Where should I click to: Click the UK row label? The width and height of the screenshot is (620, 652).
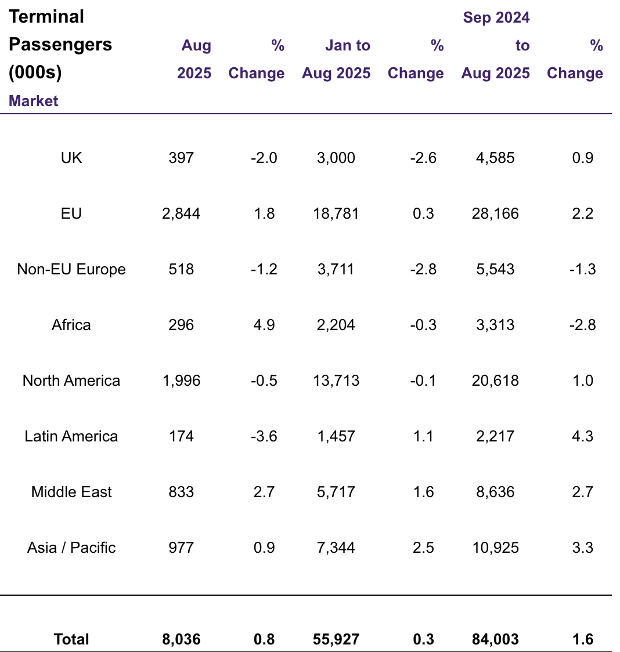pyautogui.click(x=71, y=158)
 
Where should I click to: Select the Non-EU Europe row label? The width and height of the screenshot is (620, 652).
pyautogui.click(x=71, y=269)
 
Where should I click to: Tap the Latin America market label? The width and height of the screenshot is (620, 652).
pyautogui.click(x=71, y=436)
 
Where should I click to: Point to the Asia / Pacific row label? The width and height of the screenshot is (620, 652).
pyautogui.click(x=71, y=548)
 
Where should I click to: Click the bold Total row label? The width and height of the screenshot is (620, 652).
pyautogui.click(x=71, y=639)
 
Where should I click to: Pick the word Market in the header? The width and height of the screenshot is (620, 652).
pyautogui.click(x=34, y=101)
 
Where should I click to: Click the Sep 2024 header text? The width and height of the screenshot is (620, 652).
pyautogui.click(x=496, y=17)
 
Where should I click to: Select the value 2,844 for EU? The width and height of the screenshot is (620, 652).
pyautogui.click(x=181, y=213)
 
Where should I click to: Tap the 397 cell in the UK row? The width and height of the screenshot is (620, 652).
pyautogui.click(x=181, y=158)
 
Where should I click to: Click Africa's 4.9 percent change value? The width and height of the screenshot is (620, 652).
pyautogui.click(x=264, y=325)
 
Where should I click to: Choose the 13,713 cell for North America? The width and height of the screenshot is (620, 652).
pyautogui.click(x=336, y=381)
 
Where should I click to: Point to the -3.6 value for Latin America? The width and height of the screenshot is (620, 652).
pyautogui.click(x=264, y=436)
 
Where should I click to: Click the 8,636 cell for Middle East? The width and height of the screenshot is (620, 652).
pyautogui.click(x=495, y=492)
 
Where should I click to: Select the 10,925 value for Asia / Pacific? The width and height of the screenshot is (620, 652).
pyautogui.click(x=495, y=548)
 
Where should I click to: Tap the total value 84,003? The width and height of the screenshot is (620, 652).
pyautogui.click(x=495, y=639)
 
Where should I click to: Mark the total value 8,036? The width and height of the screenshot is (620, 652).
pyautogui.click(x=181, y=639)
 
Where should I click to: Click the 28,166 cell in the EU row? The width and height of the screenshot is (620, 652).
pyautogui.click(x=495, y=213)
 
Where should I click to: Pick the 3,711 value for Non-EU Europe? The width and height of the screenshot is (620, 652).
pyautogui.click(x=336, y=269)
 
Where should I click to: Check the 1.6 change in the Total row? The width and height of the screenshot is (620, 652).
pyautogui.click(x=582, y=639)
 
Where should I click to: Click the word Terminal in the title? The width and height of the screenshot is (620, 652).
pyautogui.click(x=46, y=17)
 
